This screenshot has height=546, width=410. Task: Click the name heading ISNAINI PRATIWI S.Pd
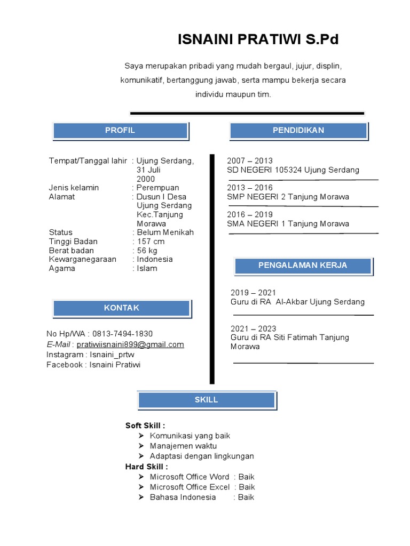click(x=258, y=39)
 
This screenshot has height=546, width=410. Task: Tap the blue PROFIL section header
click(x=120, y=131)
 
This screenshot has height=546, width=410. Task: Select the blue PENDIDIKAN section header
click(x=298, y=131)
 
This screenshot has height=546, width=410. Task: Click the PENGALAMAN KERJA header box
click(x=303, y=266)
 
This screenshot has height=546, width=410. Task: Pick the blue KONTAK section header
click(x=122, y=308)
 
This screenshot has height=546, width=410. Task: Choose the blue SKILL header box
click(x=207, y=400)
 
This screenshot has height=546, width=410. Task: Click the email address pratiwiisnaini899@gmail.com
click(x=138, y=344)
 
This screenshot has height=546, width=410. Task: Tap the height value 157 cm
click(x=151, y=242)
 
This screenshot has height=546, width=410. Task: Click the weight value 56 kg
click(x=147, y=251)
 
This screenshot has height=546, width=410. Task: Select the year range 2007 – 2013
click(x=250, y=161)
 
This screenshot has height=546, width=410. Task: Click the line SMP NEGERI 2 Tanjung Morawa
click(x=288, y=197)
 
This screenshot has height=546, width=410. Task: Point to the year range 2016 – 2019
click(x=250, y=215)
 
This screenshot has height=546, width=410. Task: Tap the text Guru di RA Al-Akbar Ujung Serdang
click(x=297, y=302)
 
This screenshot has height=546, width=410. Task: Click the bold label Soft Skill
click(x=145, y=425)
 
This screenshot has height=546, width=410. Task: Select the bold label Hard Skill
click(x=146, y=467)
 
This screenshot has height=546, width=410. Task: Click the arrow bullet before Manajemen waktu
click(x=141, y=446)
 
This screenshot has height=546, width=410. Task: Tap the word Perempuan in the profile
click(x=158, y=188)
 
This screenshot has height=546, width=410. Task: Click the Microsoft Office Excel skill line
click(x=190, y=487)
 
